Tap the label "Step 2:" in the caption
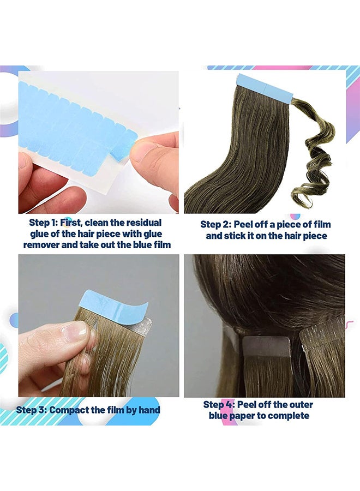tap(215, 224)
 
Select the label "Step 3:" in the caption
tap(32, 410)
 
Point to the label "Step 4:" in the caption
tap(219, 405)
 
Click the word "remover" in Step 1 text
tap(40, 245)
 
